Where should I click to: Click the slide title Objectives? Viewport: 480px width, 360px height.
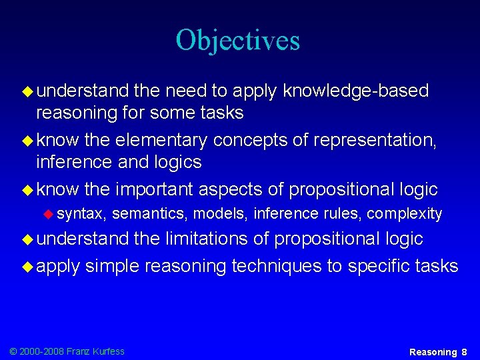coord(238,40)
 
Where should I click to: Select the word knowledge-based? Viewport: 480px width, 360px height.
coord(356,90)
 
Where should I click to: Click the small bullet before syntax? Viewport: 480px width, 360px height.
coord(48,213)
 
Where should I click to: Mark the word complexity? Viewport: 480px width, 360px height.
coord(405,213)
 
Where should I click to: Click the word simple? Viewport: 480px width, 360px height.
coord(113,266)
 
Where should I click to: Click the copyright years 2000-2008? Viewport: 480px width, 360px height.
coord(40,351)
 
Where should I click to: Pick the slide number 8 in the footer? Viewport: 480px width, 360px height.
coord(464,351)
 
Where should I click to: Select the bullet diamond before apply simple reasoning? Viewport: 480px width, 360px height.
coord(27,266)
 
